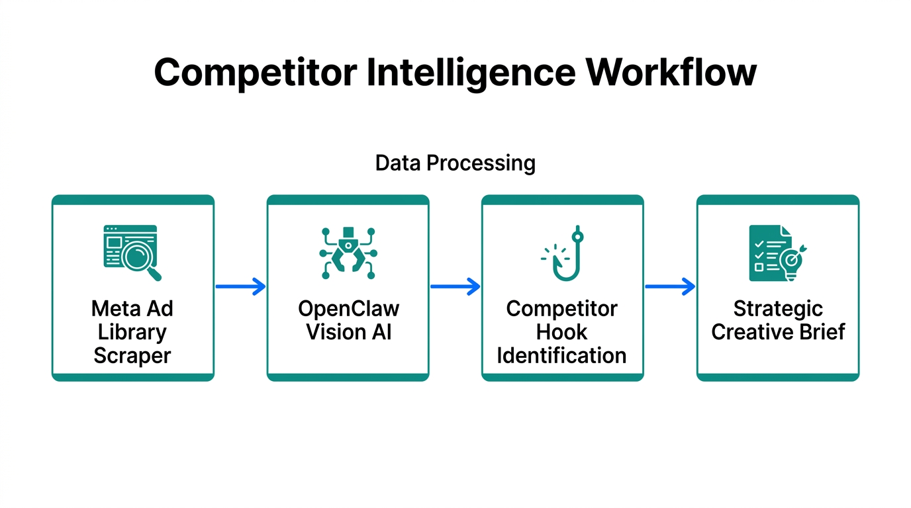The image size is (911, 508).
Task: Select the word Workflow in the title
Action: [671, 73]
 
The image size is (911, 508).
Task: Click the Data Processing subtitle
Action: [455, 163]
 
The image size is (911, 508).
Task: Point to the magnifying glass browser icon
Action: [132, 253]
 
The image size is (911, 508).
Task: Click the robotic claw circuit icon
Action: [348, 253]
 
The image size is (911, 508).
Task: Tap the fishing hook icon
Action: [563, 254]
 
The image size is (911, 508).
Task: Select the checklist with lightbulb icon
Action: [777, 253]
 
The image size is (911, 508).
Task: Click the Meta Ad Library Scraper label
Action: [132, 332]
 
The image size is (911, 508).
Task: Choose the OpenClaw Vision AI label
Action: [348, 320]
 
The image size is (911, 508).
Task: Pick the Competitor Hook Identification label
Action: [562, 332]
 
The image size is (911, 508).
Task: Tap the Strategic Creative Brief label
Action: [778, 320]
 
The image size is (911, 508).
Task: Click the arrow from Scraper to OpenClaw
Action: [240, 286]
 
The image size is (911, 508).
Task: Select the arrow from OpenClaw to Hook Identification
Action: [455, 286]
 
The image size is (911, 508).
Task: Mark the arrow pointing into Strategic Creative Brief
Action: [670, 286]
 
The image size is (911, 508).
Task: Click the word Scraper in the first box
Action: [132, 356]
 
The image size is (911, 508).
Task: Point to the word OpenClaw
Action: [348, 309]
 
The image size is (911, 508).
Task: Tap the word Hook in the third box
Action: [562, 332]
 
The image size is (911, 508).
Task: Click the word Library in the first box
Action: [132, 332]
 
